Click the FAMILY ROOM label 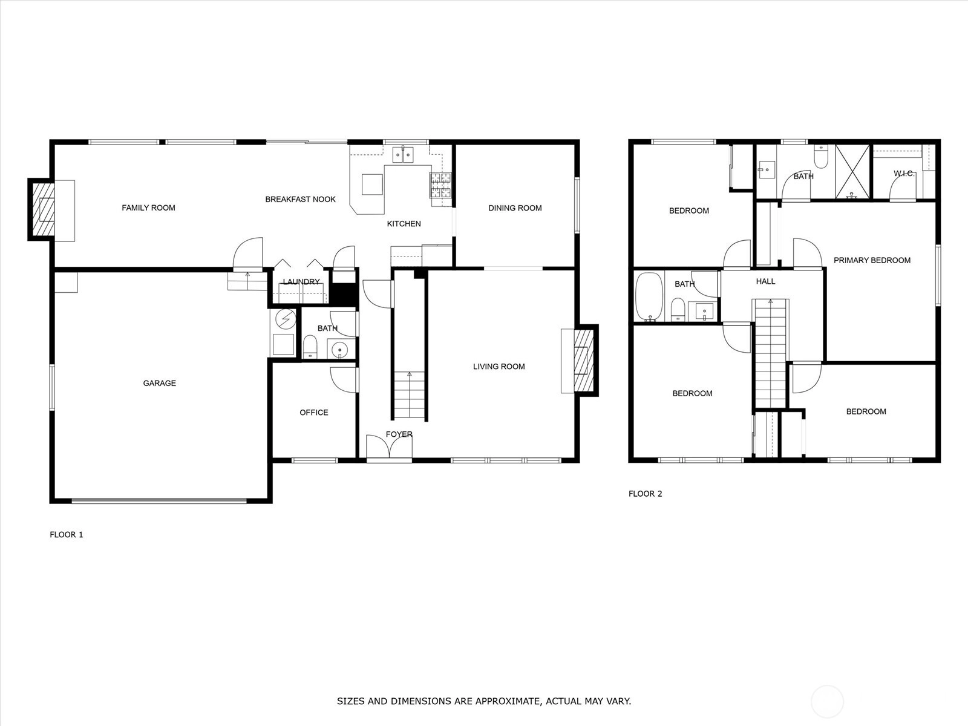click(x=148, y=208)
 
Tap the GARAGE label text click(x=159, y=383)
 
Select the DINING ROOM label click(x=515, y=208)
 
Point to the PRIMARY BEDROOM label click(x=872, y=260)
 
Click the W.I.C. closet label click(x=904, y=174)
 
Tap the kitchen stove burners click(x=440, y=185)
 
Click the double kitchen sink click(x=404, y=155)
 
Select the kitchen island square click(x=372, y=185)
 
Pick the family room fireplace click(x=42, y=209)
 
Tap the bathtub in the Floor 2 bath click(x=649, y=296)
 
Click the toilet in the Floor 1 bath click(x=310, y=347)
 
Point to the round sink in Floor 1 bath click(x=339, y=350)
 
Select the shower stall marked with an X click(x=852, y=171)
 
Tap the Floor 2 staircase click(x=770, y=353)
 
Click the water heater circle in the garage click(x=286, y=319)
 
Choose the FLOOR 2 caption click(x=645, y=494)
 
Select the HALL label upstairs click(x=765, y=281)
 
